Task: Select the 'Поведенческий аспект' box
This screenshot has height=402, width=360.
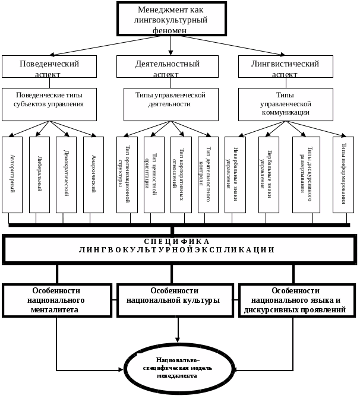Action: click(49, 67)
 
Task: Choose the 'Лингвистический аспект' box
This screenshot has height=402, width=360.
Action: click(285, 67)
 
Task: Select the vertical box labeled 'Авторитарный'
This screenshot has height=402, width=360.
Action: click(12, 175)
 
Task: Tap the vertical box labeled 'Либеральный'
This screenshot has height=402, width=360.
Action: click(39, 175)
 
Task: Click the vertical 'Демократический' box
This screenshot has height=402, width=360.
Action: click(67, 175)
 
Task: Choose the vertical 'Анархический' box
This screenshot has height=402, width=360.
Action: click(93, 175)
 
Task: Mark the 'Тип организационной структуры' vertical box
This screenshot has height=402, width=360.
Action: click(127, 175)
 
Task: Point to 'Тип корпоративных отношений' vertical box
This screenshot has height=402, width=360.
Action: click(181, 175)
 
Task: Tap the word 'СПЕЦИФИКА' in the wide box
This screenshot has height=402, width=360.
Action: click(177, 242)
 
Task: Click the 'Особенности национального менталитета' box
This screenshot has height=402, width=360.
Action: click(57, 300)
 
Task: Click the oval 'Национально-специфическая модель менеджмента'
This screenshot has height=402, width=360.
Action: click(179, 368)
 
